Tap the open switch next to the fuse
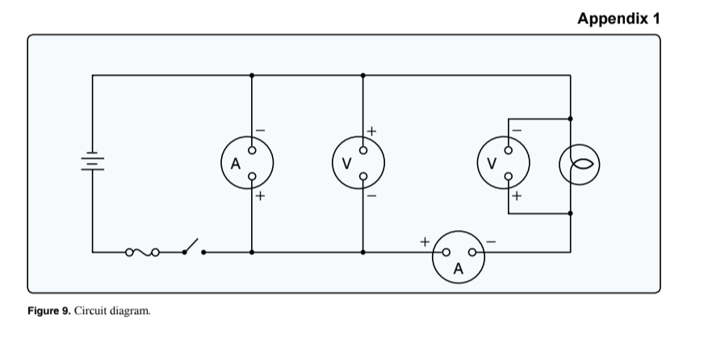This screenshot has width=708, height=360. (192, 247)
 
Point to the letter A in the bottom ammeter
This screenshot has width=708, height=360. (459, 270)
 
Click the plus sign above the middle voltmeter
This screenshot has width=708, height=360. (372, 129)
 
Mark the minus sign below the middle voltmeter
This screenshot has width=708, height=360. (372, 196)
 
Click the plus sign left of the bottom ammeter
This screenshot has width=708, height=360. (423, 241)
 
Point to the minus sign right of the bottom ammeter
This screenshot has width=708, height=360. (491, 241)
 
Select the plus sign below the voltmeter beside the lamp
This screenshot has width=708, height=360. (517, 196)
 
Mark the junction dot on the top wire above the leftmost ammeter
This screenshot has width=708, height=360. (252, 75)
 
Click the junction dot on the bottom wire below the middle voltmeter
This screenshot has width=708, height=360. (362, 253)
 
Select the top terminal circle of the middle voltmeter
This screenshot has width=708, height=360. (362, 150)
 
